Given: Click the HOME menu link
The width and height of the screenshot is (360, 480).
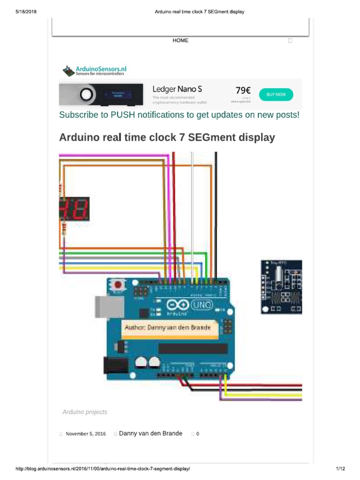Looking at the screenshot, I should [180, 41].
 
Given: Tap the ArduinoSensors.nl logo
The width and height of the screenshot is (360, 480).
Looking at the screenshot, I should [94, 71].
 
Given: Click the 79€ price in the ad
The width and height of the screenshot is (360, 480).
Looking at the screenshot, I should [242, 90].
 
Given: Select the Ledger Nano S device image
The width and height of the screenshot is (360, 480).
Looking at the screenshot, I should [101, 94].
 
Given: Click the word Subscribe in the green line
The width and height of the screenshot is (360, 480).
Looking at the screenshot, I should [76, 115].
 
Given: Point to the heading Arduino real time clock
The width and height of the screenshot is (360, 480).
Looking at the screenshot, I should [167, 138].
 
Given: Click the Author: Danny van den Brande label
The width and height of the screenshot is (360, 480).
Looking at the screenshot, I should [167, 327].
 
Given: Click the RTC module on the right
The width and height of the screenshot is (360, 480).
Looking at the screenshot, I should [281, 287].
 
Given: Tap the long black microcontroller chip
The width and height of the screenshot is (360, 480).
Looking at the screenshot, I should [193, 349].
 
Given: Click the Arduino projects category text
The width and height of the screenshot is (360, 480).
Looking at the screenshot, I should [85, 412].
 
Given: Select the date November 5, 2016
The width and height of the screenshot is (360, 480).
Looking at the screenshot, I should [86, 434].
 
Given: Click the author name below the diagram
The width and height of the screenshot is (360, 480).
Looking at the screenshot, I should [150, 434].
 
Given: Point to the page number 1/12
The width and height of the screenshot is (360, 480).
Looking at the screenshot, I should [340, 469].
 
